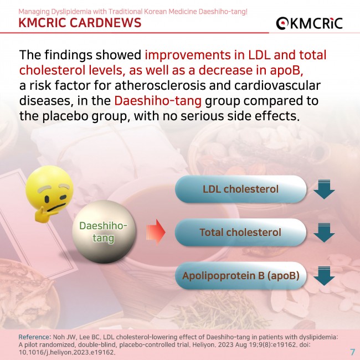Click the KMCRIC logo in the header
[309, 23]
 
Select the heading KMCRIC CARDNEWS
[80, 23]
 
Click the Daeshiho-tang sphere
[104, 232]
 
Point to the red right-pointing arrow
[156, 232]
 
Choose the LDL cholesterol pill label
[240, 189]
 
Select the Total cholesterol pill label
[240, 233]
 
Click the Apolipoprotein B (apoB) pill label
[240, 275]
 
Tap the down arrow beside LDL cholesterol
[324, 189]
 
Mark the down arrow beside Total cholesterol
[324, 233]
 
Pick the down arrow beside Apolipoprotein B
[324, 276]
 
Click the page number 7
[352, 352]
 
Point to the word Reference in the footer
[34, 337]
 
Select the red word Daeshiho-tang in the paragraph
[158, 101]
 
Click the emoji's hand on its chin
[43, 215]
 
